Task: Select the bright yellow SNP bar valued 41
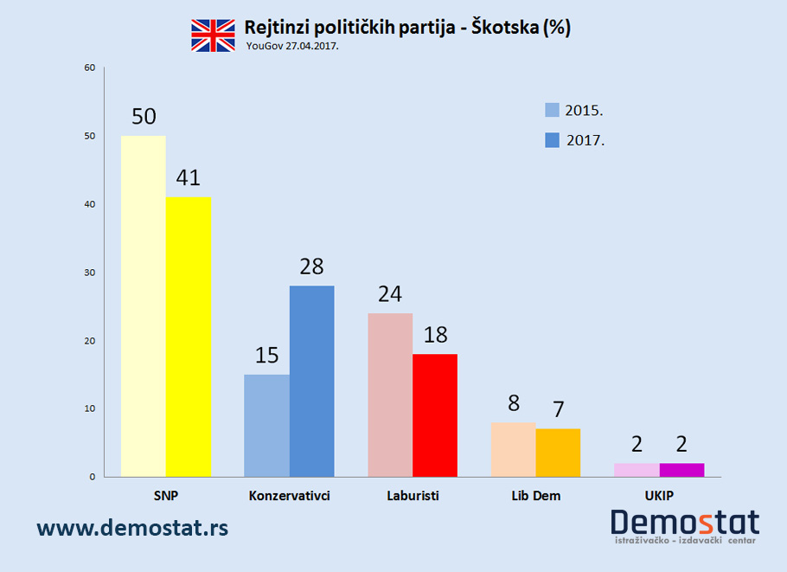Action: coord(188,337)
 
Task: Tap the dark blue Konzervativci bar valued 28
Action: coord(311,381)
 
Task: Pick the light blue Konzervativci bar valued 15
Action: coord(266,425)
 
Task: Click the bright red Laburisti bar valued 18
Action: coord(434,415)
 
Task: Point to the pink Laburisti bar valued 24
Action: coord(390,395)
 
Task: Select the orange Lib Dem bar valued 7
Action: coord(558,453)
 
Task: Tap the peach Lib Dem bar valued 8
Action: coord(513,449)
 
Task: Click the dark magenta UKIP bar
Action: coord(681,470)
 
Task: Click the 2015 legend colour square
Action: coord(552,110)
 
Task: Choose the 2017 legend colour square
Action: coord(552,140)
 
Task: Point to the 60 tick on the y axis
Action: coord(89,67)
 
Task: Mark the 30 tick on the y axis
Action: coord(89,273)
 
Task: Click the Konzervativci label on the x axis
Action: coord(289,496)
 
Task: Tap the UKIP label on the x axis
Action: coord(659,496)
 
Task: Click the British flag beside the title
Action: coord(213,34)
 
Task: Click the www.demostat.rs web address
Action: coord(132,527)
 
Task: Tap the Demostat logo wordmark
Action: coord(685,522)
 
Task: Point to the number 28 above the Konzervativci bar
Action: coord(311,266)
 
